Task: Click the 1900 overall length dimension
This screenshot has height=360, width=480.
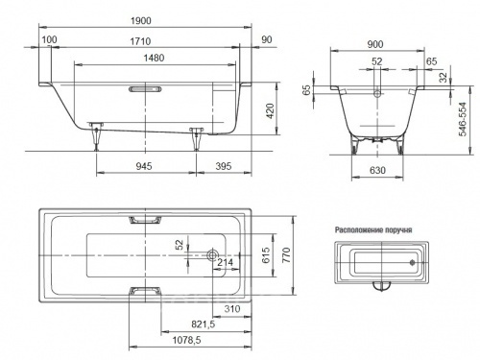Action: [x=141, y=21]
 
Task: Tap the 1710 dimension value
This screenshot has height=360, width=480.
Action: [x=140, y=41]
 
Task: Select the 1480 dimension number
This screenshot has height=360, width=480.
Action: [x=154, y=58]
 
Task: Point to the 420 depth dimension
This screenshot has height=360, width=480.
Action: [x=271, y=111]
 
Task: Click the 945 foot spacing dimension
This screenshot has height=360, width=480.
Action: [x=144, y=166]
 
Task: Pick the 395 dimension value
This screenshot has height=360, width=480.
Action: [x=223, y=166]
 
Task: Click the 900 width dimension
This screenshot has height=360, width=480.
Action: [x=375, y=44]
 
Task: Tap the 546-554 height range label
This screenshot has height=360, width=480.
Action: [x=463, y=119]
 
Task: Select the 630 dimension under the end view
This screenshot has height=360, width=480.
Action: [x=377, y=170]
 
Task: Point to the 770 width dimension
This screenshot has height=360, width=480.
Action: [x=286, y=255]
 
